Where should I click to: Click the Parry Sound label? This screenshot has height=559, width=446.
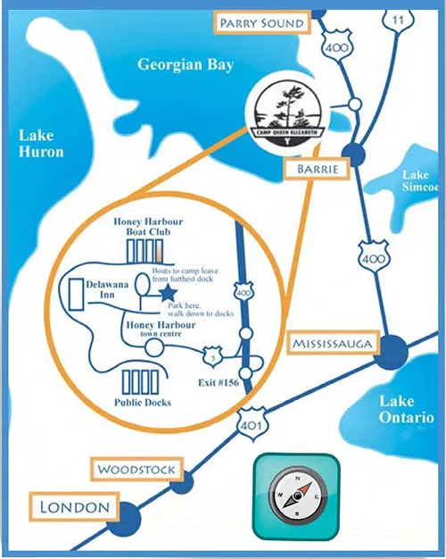262,22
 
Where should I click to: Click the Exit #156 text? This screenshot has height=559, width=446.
217,382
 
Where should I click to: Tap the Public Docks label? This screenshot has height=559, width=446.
142,403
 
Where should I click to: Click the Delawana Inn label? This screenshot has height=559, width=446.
101,288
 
